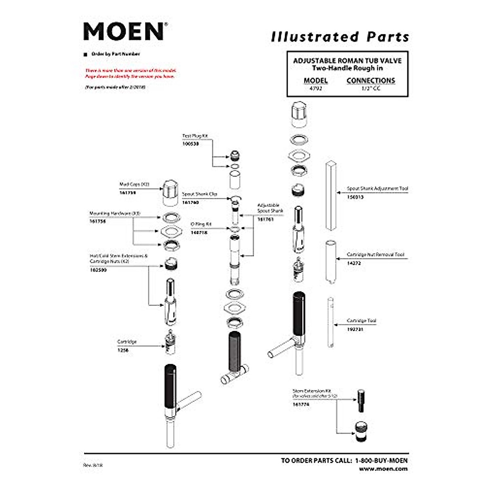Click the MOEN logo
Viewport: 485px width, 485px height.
click(124, 32)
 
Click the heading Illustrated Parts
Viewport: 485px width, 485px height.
click(340, 37)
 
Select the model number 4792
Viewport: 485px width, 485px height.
click(316, 88)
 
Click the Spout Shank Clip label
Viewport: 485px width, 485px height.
click(199, 194)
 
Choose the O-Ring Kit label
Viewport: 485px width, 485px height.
click(201, 224)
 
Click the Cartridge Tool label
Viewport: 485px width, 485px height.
click(361, 321)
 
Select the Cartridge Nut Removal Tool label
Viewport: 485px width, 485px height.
click(375, 255)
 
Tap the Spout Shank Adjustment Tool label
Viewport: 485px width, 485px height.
click(377, 188)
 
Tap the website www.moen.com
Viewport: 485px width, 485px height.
click(383, 469)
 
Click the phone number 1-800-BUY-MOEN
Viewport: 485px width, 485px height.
click(381, 460)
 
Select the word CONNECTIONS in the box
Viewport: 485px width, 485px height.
click(371, 80)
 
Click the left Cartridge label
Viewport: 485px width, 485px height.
click(127, 342)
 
